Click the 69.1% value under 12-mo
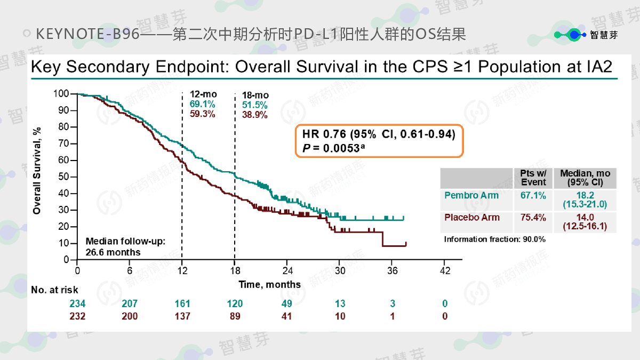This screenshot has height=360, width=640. pyautogui.click(x=199, y=105)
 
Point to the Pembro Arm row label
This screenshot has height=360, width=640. pyautogui.click(x=471, y=196)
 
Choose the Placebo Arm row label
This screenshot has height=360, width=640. pyautogui.click(x=472, y=218)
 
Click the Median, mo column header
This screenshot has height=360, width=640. pyautogui.click(x=585, y=178)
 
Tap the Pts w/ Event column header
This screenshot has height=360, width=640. pyautogui.click(x=533, y=178)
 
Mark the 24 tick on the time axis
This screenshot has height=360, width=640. pyautogui.click(x=287, y=270)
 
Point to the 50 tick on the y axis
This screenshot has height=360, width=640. pyautogui.click(x=64, y=177)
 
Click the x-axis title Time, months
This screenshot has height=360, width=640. pyautogui.click(x=269, y=284)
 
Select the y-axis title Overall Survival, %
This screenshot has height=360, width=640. pyautogui.click(x=37, y=171)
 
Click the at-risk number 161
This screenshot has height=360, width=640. pyautogui.click(x=183, y=304)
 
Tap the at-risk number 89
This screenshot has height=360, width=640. pyautogui.click(x=235, y=316)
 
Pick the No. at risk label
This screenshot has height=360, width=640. pyautogui.click(x=54, y=290)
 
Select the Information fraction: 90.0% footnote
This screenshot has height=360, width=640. pyautogui.click(x=494, y=239)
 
